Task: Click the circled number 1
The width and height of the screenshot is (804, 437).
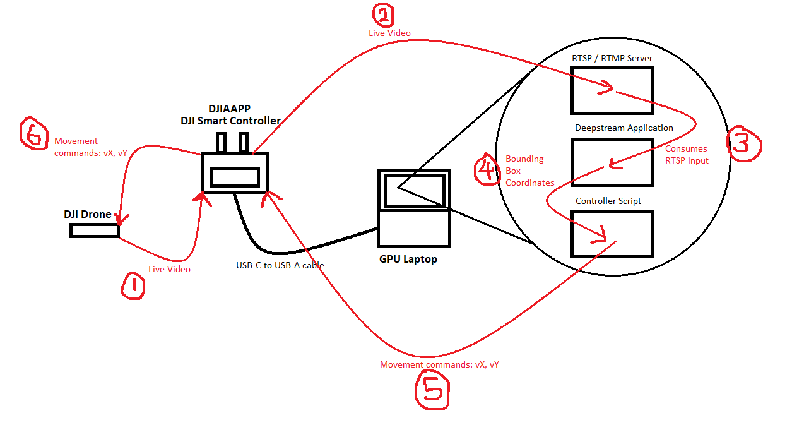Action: coord(133,286)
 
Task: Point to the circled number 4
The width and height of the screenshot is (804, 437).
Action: coord(488,170)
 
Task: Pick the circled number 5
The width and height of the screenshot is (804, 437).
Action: coord(432,389)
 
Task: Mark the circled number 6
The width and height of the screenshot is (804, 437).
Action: coord(35,133)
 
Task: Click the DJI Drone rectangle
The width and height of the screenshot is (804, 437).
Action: coord(95,231)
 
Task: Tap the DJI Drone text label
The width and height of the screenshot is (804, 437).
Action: coord(87,214)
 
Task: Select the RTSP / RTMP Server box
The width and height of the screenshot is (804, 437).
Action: coord(612,90)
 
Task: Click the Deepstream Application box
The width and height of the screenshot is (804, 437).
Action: coord(612,162)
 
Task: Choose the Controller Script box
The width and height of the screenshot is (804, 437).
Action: coord(612,234)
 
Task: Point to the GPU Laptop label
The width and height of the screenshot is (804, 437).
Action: coord(408,259)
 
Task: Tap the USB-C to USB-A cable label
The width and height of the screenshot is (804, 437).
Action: coord(280,265)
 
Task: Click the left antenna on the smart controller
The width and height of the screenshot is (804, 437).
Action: coord(221,143)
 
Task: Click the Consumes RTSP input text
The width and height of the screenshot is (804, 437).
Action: coord(687,155)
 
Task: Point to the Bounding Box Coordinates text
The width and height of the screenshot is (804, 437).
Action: coord(529,171)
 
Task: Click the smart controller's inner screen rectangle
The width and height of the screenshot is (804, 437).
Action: coord(235,177)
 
